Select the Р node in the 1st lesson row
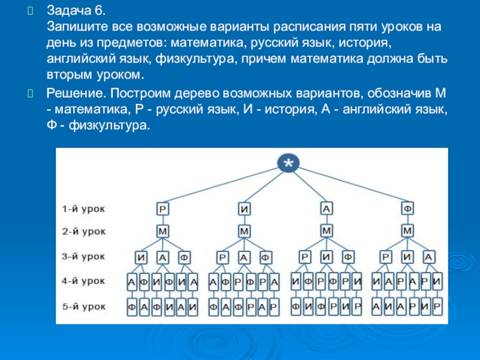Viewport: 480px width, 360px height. [162, 209]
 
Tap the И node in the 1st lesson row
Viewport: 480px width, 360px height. [244, 209]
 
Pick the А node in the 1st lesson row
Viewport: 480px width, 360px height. [326, 209]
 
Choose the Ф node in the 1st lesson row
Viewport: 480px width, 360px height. [408, 209]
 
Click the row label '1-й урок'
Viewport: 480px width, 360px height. [84, 209]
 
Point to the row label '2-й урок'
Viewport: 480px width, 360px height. [84, 230]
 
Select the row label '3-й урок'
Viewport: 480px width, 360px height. [84, 256]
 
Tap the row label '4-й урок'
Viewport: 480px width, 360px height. [84, 281]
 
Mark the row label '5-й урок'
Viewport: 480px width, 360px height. [84, 307]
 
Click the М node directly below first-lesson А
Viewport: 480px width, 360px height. [326, 230]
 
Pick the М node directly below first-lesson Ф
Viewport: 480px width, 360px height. [408, 230]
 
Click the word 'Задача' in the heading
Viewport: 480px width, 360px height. [67, 11]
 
